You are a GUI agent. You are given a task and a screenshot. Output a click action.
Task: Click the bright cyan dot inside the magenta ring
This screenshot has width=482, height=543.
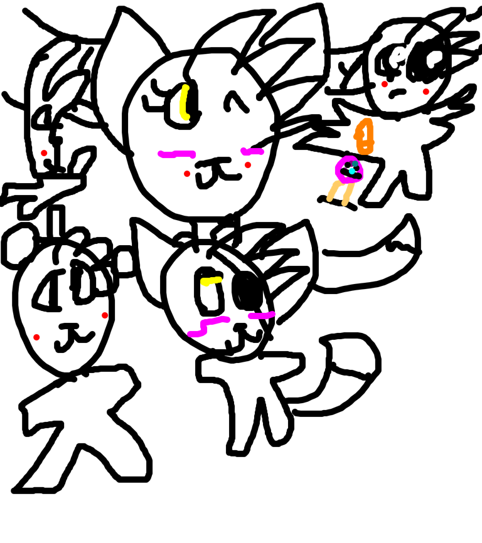click(x=352, y=171)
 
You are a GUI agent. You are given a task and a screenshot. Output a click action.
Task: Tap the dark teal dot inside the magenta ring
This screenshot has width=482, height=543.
click(x=355, y=164)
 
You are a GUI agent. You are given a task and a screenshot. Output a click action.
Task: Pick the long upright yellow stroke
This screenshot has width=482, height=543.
click(x=183, y=102)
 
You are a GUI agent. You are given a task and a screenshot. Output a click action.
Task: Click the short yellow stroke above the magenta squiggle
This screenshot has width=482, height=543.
click(x=211, y=281)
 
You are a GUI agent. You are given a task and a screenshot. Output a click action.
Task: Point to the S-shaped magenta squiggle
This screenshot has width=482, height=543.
click(x=208, y=326)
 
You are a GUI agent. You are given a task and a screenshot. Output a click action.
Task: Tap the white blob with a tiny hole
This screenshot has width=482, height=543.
click(x=397, y=56)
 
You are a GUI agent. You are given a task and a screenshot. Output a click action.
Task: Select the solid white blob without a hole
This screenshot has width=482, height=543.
click(x=434, y=58)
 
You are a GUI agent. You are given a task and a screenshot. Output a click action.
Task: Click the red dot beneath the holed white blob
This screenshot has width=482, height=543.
click(x=384, y=84)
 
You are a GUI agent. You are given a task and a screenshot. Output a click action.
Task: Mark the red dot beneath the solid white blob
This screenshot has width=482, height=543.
click(x=426, y=92)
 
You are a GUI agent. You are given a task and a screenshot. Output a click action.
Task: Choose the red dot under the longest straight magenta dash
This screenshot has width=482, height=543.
click(x=187, y=174)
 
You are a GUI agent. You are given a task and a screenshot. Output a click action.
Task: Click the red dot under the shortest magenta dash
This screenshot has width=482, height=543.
click(x=248, y=165)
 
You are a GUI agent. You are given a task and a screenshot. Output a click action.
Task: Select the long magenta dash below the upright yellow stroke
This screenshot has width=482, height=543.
click(x=177, y=154)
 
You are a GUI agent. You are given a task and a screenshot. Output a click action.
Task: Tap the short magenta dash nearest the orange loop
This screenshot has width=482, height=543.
click(x=252, y=151)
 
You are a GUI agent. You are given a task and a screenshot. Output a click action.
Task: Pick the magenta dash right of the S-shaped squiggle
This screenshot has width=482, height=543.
click(x=262, y=315)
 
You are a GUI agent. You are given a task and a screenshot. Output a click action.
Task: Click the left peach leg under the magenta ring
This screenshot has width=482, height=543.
click(x=332, y=191)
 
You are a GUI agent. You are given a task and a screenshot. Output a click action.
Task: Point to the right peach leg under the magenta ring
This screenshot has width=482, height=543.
click(x=347, y=195)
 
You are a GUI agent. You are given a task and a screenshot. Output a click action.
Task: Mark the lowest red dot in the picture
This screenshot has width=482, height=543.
click(x=36, y=337)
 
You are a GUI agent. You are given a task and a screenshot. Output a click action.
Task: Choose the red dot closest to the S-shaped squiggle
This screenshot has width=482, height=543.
click(x=105, y=315)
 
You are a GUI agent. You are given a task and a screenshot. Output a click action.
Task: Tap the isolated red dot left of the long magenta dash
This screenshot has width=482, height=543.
click(x=44, y=153)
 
